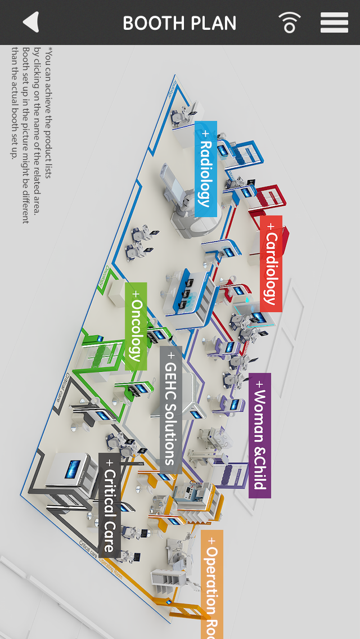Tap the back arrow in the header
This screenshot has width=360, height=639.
click(x=31, y=22)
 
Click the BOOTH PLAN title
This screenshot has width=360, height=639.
click(x=179, y=23)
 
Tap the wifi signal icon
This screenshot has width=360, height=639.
click(x=289, y=22)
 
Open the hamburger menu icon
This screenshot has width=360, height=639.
click(x=334, y=22)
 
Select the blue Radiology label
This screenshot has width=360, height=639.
click(x=206, y=169)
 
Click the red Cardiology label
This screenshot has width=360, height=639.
click(x=271, y=263)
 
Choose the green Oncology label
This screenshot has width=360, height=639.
click(x=136, y=326)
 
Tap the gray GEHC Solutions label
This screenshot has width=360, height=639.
click(x=170, y=409)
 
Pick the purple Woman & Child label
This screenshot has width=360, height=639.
click(x=259, y=435)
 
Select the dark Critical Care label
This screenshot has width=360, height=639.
click(x=109, y=505)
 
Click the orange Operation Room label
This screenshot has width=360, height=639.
click(x=212, y=585)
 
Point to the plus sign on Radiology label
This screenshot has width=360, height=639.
click(x=206, y=133)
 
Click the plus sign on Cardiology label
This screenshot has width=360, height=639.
click(x=271, y=226)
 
